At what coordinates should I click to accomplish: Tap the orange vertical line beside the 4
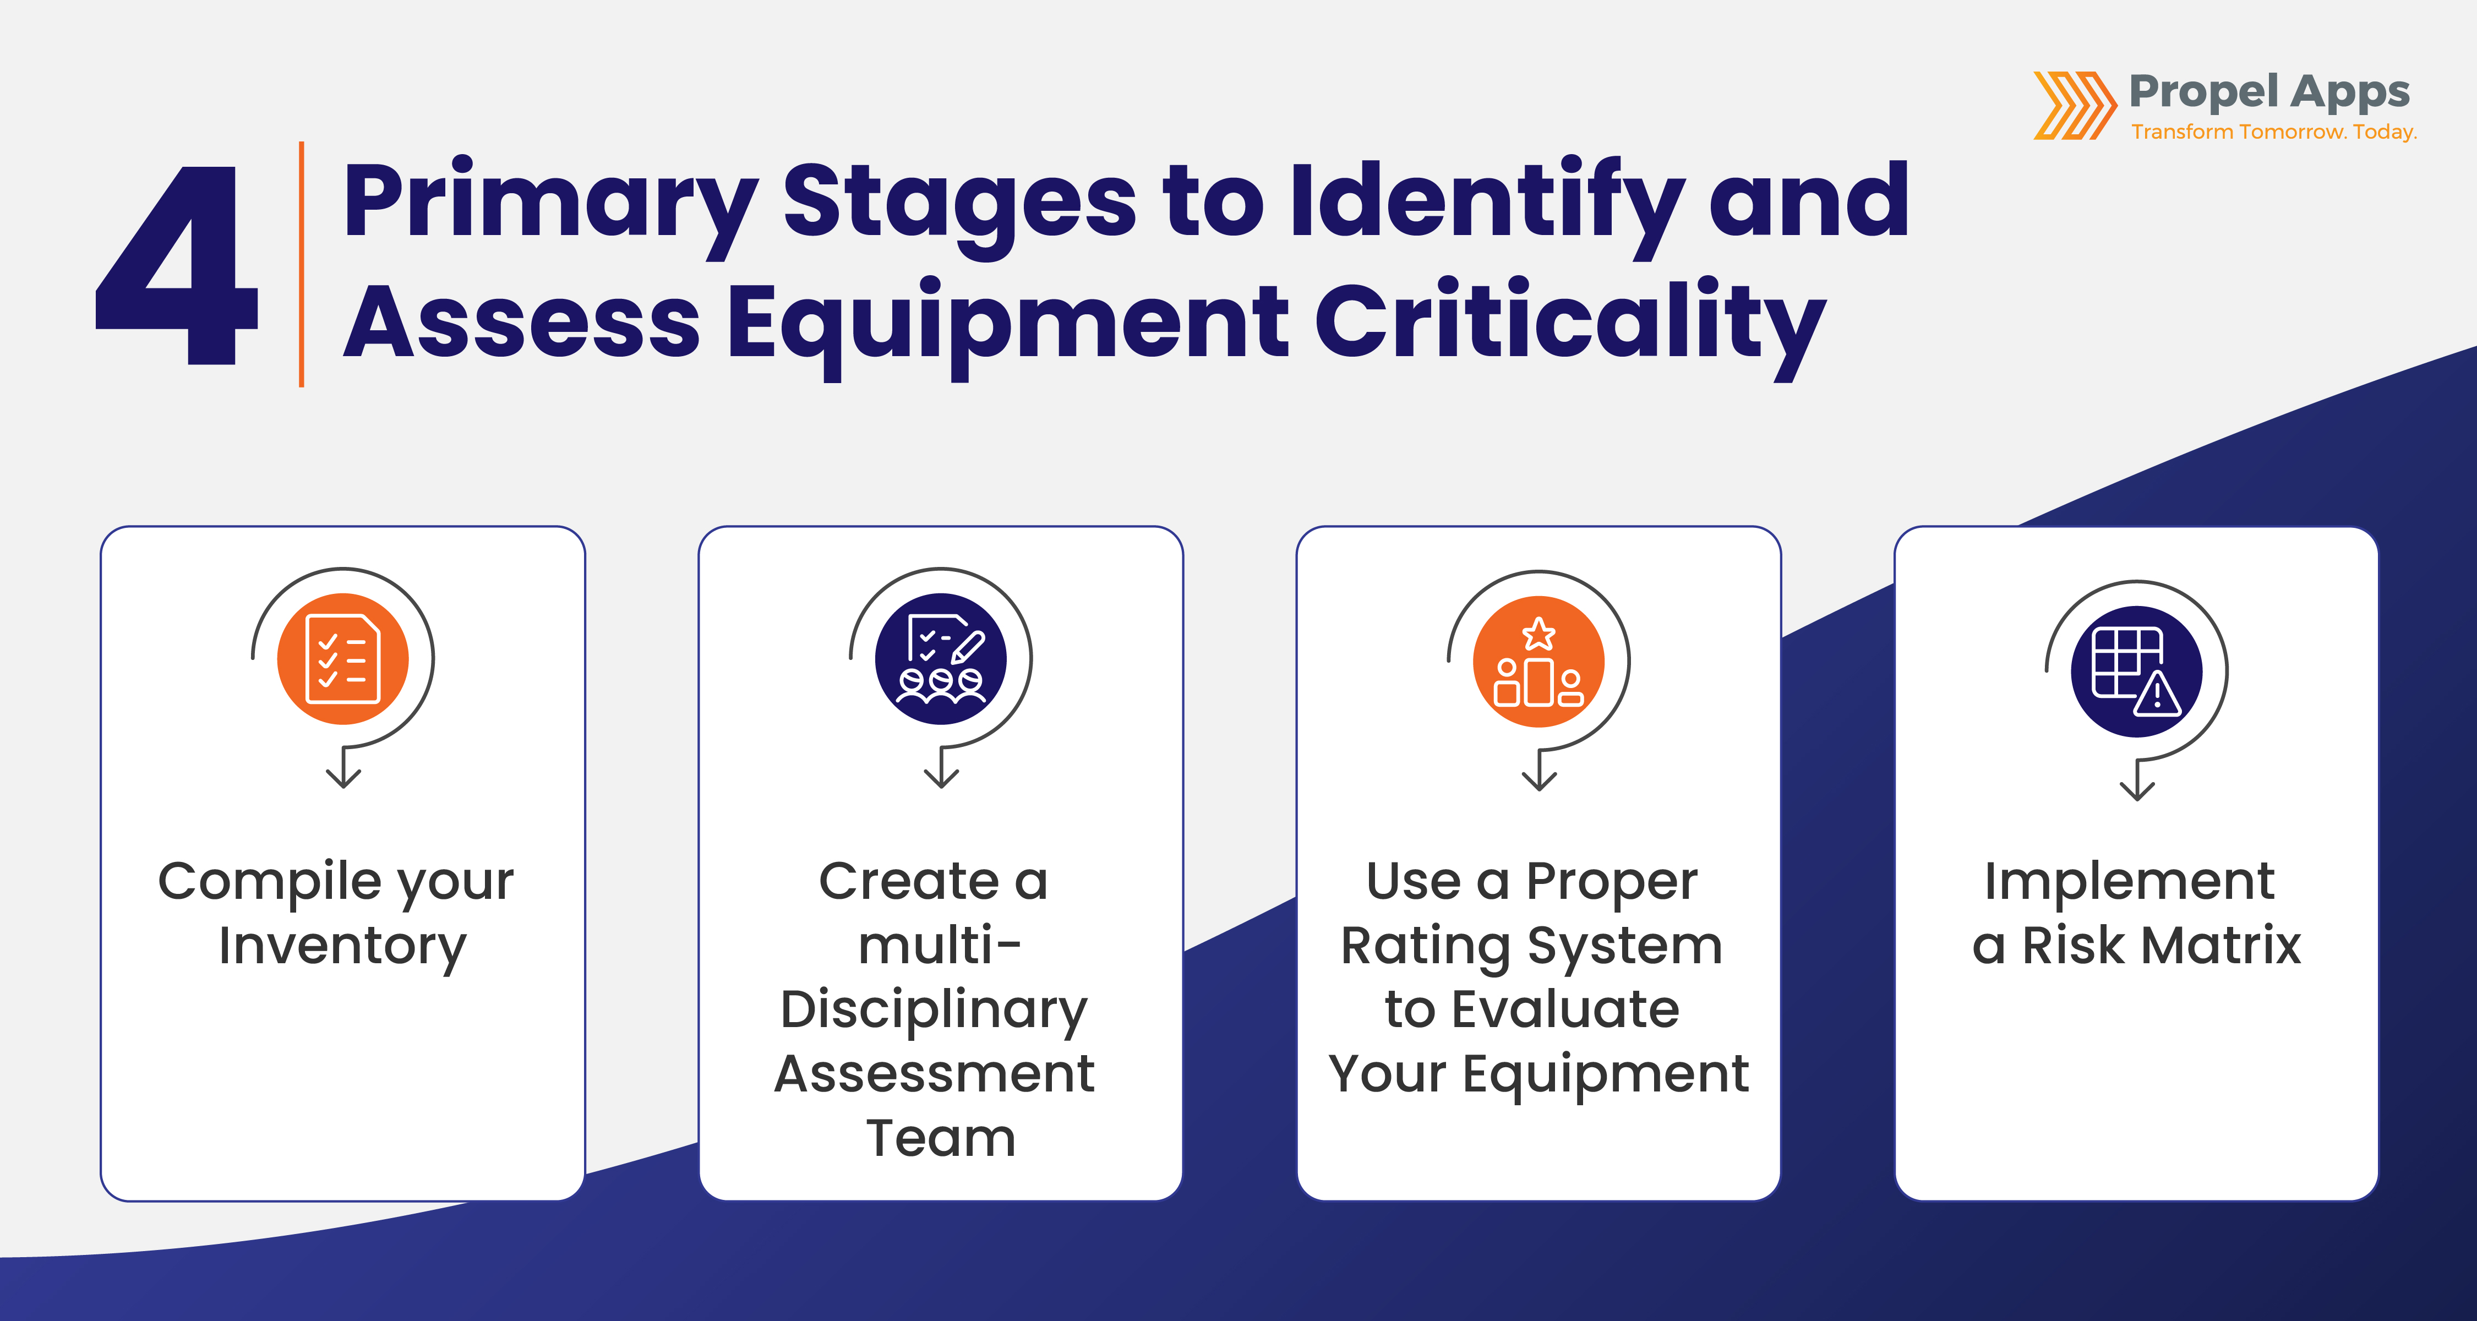click(302, 264)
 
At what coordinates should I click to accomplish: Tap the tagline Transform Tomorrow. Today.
click(2273, 132)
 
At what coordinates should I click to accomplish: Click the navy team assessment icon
click(940, 659)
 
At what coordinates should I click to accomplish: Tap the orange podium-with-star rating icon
click(1538, 662)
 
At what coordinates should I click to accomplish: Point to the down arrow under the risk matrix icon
click(2137, 784)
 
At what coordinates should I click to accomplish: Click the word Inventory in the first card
click(342, 946)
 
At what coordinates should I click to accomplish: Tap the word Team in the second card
click(940, 1138)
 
